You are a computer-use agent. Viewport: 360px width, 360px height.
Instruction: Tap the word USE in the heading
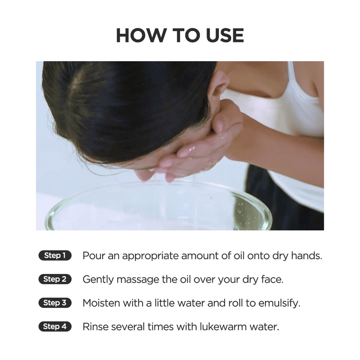tap(225, 35)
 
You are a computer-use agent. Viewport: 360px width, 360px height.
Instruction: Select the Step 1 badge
tap(55, 255)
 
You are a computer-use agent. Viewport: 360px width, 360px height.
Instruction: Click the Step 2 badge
tap(55, 279)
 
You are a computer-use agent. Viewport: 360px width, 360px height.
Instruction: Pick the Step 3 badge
tap(55, 302)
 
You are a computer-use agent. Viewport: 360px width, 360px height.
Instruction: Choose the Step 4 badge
tap(55, 326)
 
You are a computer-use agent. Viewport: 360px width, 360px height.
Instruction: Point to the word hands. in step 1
tap(307, 255)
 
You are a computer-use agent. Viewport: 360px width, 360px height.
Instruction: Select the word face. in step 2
tap(272, 279)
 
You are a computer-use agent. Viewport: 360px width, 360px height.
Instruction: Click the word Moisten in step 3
tap(101, 303)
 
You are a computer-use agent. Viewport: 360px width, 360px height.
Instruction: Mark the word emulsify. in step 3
tap(279, 304)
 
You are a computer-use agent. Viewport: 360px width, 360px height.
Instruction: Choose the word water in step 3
tap(191, 303)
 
